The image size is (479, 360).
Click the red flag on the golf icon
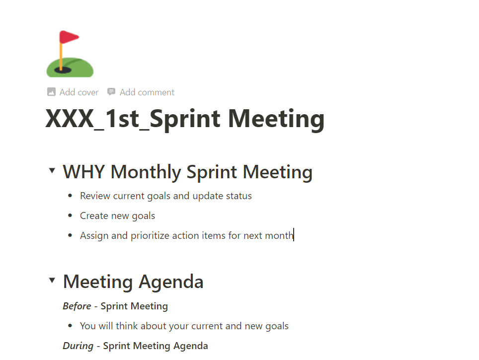pyautogui.click(x=69, y=37)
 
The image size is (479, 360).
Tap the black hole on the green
pyautogui.click(x=63, y=71)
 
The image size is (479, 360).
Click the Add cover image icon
pyautogui.click(x=51, y=92)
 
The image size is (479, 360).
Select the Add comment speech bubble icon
pyautogui.click(x=111, y=91)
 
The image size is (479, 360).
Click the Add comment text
pyautogui.click(x=147, y=92)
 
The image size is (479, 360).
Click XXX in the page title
pyautogui.click(x=70, y=119)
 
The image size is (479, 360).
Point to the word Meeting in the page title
pyautogui.click(x=276, y=119)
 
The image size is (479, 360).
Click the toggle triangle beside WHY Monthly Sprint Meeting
pyautogui.click(x=52, y=170)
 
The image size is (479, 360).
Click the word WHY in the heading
pyautogui.click(x=84, y=172)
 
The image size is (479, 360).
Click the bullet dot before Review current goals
pyautogui.click(x=70, y=196)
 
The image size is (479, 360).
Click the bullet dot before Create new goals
pyautogui.click(x=70, y=216)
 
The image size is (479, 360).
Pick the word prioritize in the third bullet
pyautogui.click(x=150, y=236)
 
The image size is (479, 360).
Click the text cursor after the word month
pyautogui.click(x=294, y=234)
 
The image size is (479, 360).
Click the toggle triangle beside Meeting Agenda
pyautogui.click(x=52, y=280)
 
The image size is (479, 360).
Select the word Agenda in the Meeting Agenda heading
pyautogui.click(x=171, y=282)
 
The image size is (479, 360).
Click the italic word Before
pyautogui.click(x=77, y=306)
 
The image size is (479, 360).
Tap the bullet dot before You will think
pyautogui.click(x=70, y=326)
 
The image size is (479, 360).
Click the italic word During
pyautogui.click(x=78, y=346)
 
